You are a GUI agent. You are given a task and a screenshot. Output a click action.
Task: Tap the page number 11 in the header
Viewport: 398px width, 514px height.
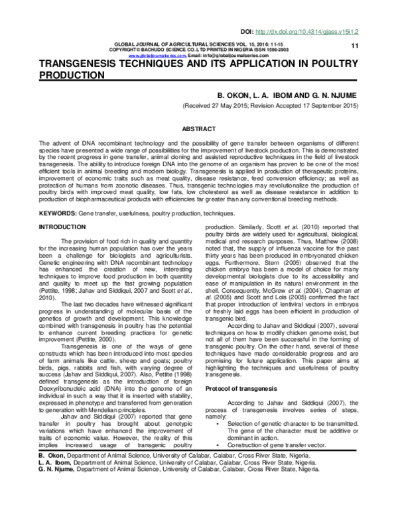pyautogui.click(x=354, y=45)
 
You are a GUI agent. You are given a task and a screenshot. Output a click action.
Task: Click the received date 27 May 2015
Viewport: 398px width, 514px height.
pyautogui.click(x=237, y=106)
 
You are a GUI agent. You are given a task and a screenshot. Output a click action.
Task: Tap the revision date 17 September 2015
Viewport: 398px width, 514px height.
pyautogui.click(x=320, y=106)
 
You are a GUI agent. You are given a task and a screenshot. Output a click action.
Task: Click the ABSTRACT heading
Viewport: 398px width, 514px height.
pyautogui.click(x=198, y=128)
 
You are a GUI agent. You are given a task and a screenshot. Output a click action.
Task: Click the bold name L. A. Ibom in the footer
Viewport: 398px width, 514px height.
pyautogui.click(x=54, y=463)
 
